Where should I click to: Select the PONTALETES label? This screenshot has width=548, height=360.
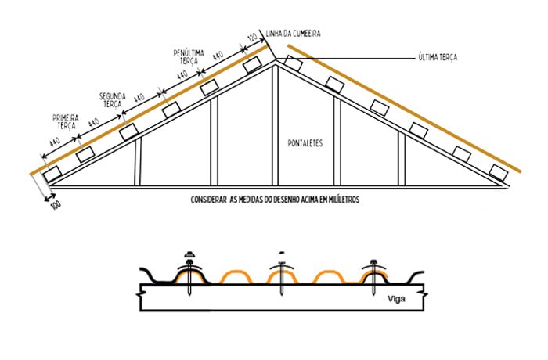pyautogui.click(x=305, y=143)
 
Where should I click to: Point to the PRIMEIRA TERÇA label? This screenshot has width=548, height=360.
pyautogui.click(x=64, y=121)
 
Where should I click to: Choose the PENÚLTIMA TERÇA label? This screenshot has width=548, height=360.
pyautogui.click(x=189, y=56)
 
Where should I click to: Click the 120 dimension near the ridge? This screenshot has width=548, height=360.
pyautogui.click(x=252, y=38)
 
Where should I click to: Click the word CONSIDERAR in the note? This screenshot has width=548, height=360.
pyautogui.click(x=209, y=200)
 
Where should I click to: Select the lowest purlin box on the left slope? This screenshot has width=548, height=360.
pyautogui.click(x=52, y=174)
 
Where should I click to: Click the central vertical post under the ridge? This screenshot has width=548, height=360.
pyautogui.click(x=275, y=125)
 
